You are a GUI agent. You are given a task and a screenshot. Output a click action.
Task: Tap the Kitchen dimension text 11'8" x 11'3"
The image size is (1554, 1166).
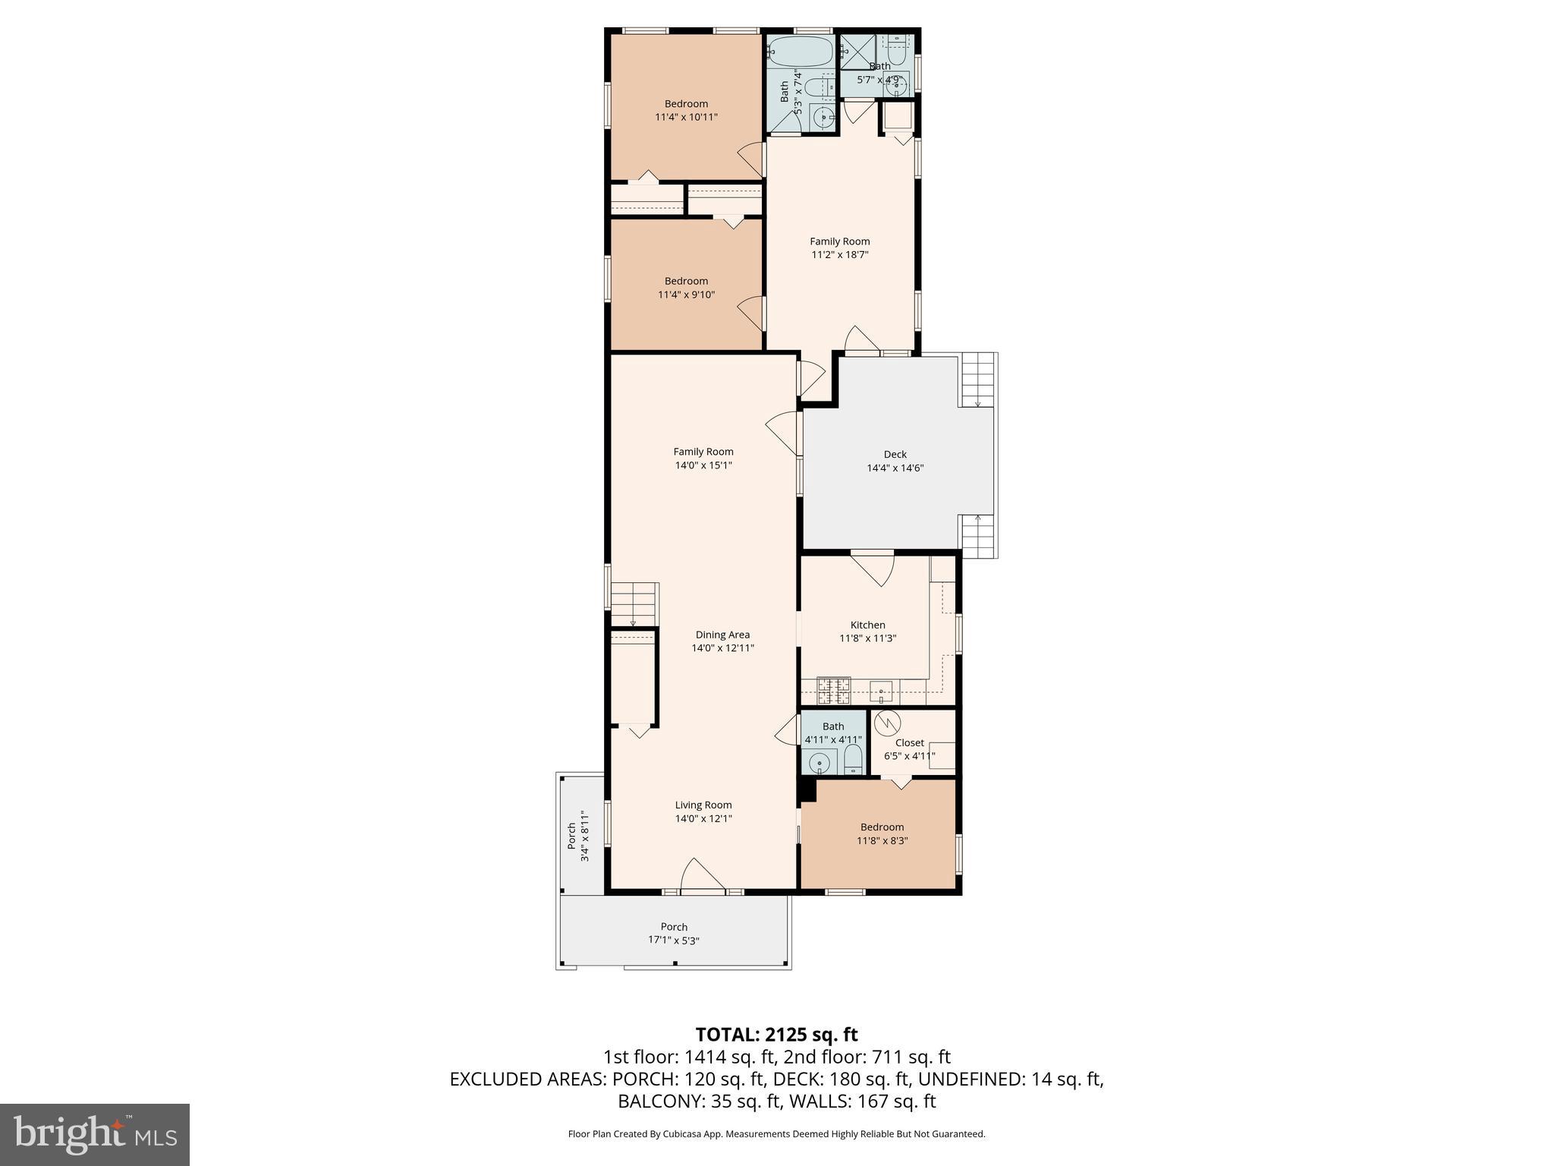(x=867, y=638)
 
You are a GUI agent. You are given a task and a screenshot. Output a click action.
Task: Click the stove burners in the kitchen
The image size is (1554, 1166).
(x=833, y=691)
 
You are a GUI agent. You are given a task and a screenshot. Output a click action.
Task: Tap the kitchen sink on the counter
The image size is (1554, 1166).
(x=881, y=692)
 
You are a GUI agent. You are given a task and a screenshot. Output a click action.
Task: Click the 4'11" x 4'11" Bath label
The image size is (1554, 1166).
(x=832, y=733)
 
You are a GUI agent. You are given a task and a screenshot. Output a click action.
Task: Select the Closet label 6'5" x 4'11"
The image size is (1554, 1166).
(x=909, y=749)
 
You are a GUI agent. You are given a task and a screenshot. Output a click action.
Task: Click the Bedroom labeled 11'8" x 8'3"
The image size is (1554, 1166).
(x=882, y=834)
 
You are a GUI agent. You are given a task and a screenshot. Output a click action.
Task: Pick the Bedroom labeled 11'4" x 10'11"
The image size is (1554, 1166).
(x=686, y=110)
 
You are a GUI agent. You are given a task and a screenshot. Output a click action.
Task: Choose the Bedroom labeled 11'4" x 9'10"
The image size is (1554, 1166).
(x=686, y=288)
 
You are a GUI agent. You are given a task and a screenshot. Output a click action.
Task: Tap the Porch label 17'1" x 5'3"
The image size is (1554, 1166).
(x=674, y=933)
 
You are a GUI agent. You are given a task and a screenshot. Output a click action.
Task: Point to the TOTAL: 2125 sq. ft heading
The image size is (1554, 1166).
(x=776, y=1035)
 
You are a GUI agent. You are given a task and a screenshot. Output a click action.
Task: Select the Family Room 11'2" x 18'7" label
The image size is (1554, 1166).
(x=839, y=248)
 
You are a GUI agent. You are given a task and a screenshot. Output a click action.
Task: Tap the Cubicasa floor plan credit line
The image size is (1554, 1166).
(x=776, y=1134)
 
